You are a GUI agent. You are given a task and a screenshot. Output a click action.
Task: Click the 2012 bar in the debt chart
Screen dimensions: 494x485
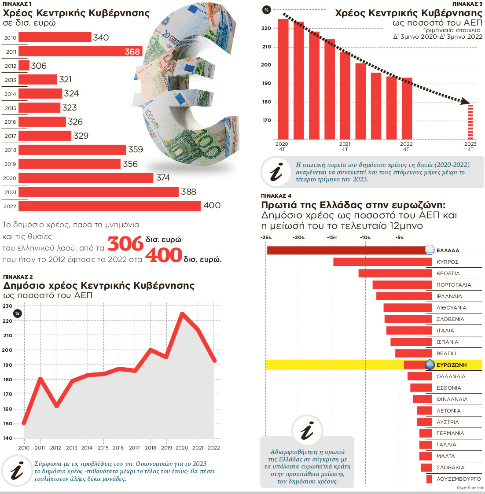click(24, 66)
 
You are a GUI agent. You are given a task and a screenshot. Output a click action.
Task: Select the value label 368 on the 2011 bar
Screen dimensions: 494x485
click(132, 52)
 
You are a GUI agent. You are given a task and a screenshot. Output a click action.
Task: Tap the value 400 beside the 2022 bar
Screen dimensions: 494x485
click(212, 206)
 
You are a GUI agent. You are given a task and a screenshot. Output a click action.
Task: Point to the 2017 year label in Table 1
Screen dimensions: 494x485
click(10, 136)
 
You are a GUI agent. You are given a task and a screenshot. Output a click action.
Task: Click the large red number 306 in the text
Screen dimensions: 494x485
click(126, 244)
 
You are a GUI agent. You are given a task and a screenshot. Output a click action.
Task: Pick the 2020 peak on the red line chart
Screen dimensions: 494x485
click(182, 313)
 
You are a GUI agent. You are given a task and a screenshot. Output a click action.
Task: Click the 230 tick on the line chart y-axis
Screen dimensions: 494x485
click(7, 306)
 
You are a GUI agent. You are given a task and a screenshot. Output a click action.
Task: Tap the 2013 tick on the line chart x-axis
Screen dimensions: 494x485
click(71, 448)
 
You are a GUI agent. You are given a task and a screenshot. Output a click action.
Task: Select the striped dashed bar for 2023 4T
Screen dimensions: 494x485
click(470, 122)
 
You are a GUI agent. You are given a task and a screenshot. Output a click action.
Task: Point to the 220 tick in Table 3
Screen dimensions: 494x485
click(266, 28)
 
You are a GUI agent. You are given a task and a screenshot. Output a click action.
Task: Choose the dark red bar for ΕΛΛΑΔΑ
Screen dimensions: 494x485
click(348, 250)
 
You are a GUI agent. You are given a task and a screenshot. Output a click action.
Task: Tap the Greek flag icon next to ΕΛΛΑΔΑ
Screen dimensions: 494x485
click(430, 250)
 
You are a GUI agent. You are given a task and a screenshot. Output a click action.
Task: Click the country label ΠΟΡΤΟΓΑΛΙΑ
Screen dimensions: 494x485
click(453, 285)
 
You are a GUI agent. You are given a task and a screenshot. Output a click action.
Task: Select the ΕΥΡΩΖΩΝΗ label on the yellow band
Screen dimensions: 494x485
click(452, 365)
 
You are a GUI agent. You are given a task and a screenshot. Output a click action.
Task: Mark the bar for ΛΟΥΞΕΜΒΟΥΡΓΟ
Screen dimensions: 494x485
click(429, 479)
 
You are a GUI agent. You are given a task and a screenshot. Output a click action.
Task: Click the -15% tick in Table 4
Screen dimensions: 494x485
click(332, 238)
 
